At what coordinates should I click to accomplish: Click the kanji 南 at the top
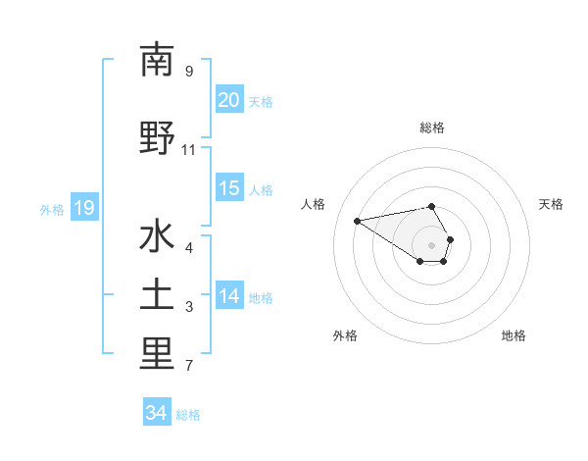(157, 60)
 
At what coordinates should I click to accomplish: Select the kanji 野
(157, 138)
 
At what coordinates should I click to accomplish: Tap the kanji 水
(157, 238)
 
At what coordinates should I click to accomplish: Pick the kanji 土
(157, 297)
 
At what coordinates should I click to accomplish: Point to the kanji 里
(157, 354)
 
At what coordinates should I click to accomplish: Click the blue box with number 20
(229, 101)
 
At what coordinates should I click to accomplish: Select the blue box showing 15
(229, 189)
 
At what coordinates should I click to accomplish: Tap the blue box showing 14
(229, 297)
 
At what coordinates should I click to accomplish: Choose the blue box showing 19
(84, 208)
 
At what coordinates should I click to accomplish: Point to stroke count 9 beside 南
(189, 72)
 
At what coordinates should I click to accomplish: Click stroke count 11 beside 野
(189, 150)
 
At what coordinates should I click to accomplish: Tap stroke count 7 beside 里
(189, 367)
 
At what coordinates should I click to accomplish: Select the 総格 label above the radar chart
(432, 128)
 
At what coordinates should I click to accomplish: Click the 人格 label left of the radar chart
(314, 204)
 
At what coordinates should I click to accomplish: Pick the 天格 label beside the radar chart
(551, 204)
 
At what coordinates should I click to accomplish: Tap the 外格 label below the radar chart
(345, 335)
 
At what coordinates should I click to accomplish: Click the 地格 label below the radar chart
(514, 335)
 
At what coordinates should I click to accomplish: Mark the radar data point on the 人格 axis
(358, 220)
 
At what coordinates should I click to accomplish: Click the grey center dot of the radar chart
(432, 244)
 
